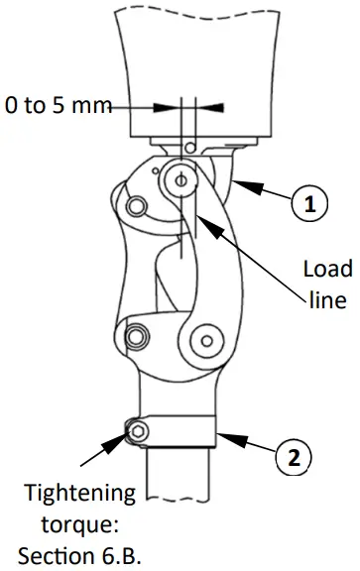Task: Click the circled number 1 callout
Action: pyautogui.click(x=309, y=205)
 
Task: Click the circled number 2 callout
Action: pyautogui.click(x=293, y=458)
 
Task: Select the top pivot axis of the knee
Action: pyautogui.click(x=181, y=178)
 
